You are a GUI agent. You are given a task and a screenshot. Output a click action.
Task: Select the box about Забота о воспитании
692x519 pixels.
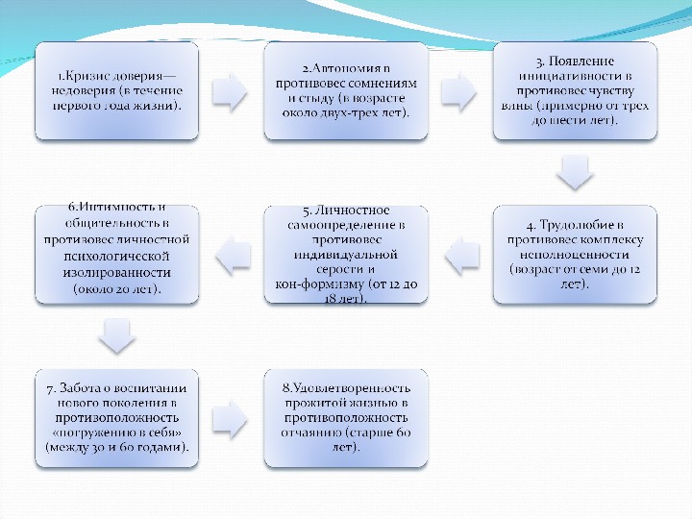(116, 418)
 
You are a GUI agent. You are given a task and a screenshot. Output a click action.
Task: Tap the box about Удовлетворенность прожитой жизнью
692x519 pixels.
(346, 418)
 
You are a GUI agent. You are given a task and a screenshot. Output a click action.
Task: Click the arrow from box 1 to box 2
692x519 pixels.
(231, 90)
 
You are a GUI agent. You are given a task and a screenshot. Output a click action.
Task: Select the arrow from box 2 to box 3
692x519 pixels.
(460, 90)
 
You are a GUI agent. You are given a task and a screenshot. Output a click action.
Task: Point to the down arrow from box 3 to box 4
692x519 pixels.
(575, 172)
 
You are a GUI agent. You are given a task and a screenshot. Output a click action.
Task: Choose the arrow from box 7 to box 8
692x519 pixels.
(231, 418)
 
